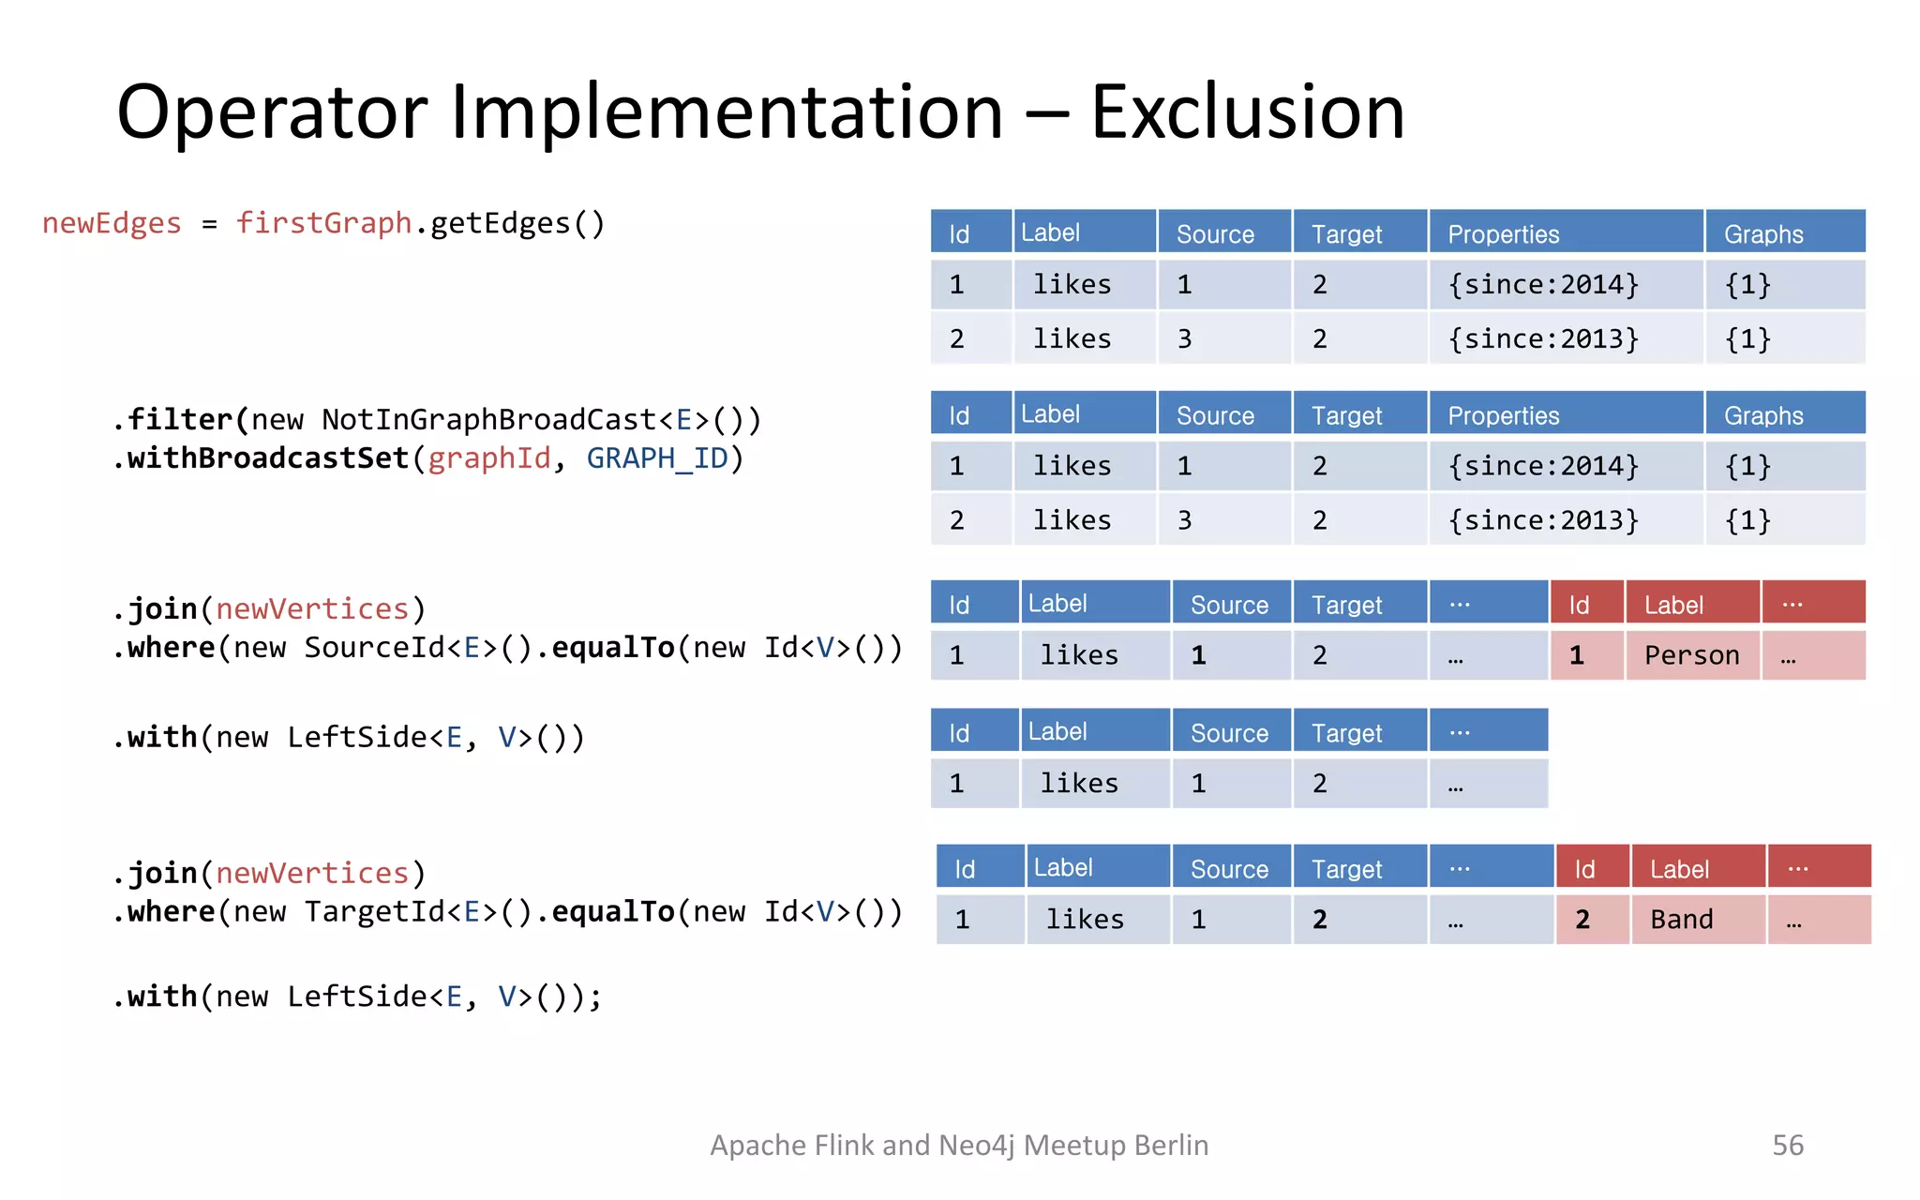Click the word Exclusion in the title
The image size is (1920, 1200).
[1248, 112]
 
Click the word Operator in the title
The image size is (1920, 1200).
[272, 112]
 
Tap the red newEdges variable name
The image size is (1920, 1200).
[112, 223]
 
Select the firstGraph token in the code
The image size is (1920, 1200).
[323, 223]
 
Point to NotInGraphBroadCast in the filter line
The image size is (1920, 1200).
[488, 419]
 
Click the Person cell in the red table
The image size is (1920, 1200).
[1691, 655]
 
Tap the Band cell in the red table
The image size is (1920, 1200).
[1682, 920]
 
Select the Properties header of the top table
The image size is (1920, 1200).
[1503, 234]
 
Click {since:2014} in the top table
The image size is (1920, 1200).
[1543, 284]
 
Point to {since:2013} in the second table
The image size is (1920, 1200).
[1543, 520]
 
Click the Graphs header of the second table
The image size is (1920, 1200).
[1763, 416]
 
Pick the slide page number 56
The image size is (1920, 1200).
[1787, 1145]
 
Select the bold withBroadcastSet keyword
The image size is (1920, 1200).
[268, 458]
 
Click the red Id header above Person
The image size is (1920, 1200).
[1579, 606]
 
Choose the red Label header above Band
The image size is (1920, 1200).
[1679, 870]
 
